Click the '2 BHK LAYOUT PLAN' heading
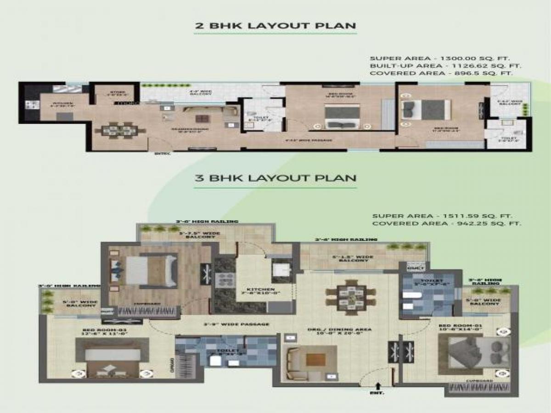275,25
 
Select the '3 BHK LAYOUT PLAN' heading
275,178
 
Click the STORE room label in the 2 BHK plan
118,93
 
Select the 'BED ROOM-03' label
104,330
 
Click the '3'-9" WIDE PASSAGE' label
236,324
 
